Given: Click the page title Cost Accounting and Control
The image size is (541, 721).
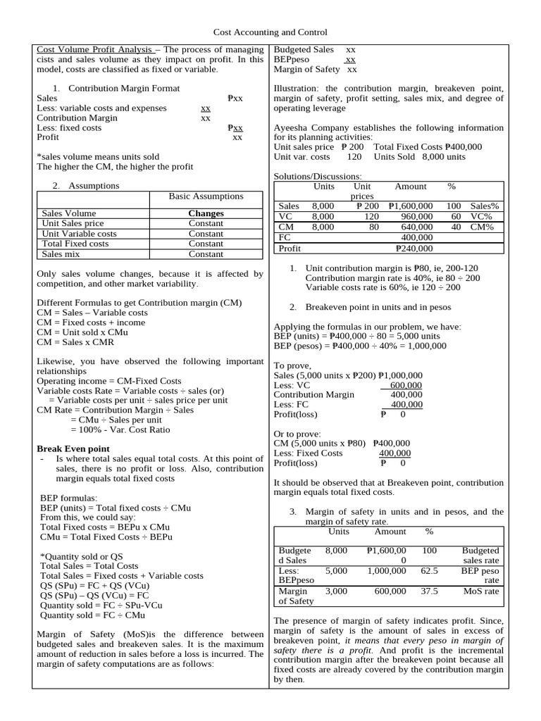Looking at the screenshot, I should point(270,32).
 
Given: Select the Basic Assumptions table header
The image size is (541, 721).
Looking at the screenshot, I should point(206,196).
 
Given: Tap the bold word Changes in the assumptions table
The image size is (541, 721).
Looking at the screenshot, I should point(206,213).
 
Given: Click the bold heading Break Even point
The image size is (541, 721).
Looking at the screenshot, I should point(73,449).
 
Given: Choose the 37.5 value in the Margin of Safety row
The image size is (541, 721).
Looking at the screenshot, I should point(429,591).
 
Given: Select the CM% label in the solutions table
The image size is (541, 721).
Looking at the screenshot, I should point(483,227).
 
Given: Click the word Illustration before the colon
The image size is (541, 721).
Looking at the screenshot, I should point(297,89).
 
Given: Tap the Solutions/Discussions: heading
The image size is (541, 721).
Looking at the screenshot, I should point(317,176).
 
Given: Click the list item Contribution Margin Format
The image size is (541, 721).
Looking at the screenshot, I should point(124,88).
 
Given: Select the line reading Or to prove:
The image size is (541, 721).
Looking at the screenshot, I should point(297,434).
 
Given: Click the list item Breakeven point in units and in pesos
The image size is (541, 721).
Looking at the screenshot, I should point(378,307).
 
